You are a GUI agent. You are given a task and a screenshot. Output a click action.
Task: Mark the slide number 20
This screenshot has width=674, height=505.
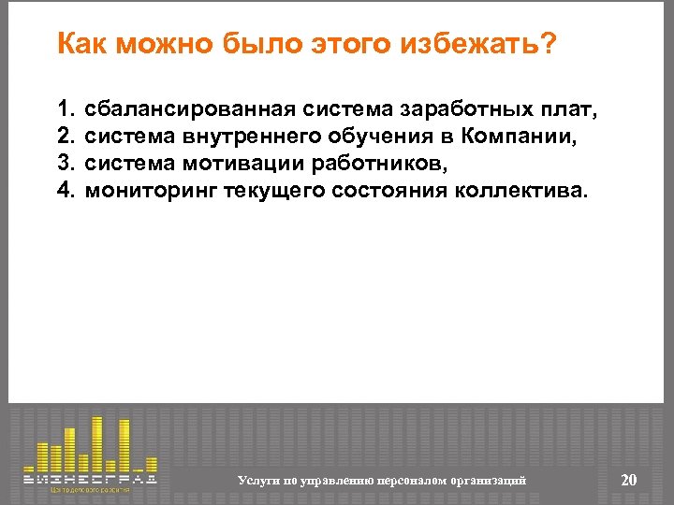click(x=629, y=480)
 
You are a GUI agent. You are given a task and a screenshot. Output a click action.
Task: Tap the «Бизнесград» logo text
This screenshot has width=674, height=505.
click(x=90, y=478)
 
